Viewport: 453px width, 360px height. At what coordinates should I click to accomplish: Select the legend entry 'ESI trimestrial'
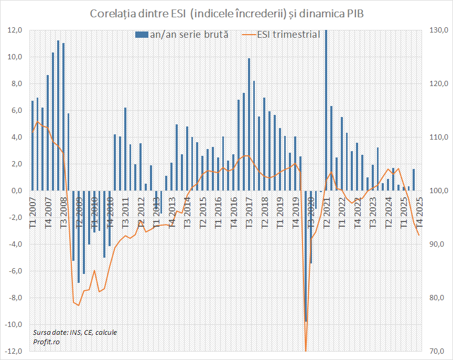(282, 35)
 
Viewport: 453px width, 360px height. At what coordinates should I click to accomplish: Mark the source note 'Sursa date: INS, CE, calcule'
(74, 332)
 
